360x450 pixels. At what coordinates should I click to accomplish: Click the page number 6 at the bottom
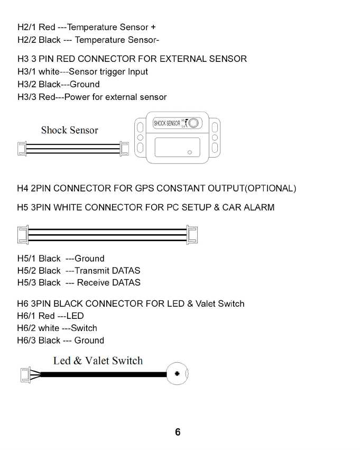coord(178,432)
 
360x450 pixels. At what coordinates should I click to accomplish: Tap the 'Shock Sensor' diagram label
coord(69,130)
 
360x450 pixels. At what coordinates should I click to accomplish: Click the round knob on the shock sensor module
coord(194,123)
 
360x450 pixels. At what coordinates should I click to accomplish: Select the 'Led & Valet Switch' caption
coord(98,361)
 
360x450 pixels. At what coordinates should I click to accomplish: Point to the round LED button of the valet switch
coord(177,374)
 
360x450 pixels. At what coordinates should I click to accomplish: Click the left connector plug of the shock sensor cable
coord(23,149)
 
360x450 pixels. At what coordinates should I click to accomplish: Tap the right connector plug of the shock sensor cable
coord(124,149)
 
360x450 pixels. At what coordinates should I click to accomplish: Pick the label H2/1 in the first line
coord(26,27)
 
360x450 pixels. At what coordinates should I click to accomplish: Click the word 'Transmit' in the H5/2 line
coord(93,270)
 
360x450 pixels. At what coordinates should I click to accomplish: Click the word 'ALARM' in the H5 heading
coord(258,207)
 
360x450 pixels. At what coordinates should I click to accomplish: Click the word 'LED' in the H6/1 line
coord(75,316)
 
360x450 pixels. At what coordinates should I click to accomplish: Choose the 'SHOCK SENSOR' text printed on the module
coord(166,124)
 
